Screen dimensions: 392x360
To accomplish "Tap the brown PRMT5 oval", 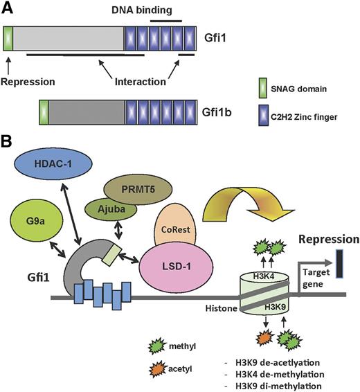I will pos(137,189).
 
